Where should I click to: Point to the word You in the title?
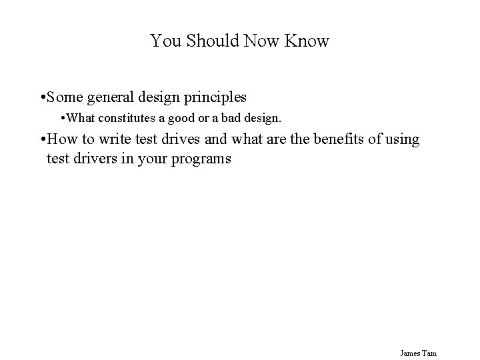pos(163,41)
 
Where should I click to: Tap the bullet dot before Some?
pos(43,98)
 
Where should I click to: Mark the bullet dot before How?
pos(43,140)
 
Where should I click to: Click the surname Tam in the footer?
pos(429,353)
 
